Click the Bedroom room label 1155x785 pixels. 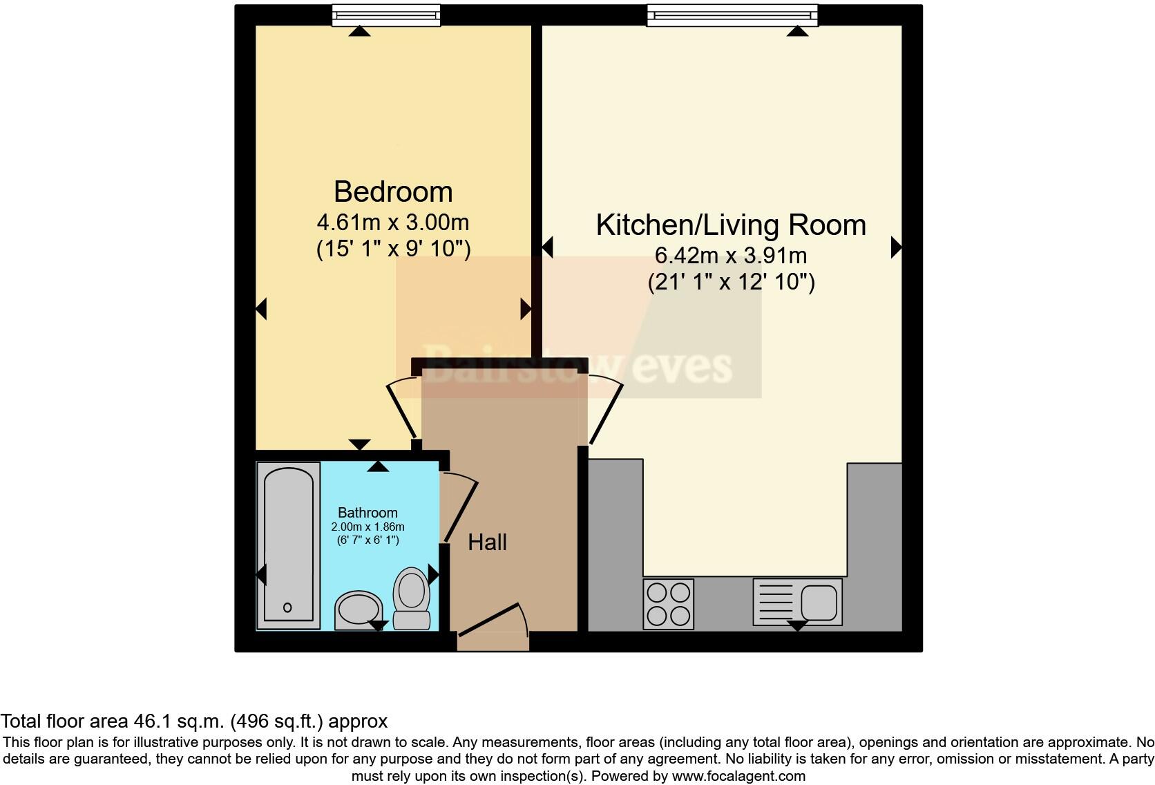pos(393,192)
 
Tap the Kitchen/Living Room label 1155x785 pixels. pos(731,225)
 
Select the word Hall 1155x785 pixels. pos(487,542)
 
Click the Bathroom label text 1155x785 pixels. pos(367,513)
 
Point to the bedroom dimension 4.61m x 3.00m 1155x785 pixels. pos(393,223)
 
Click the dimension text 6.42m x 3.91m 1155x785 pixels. pos(731,255)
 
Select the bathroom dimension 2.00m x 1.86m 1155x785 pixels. pos(367,527)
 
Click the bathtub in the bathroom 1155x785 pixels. pos(288,545)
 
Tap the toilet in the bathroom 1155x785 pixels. pos(412,598)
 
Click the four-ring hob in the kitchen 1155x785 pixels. pos(668,604)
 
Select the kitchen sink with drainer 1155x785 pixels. pos(797,602)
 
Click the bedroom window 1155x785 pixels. pos(386,15)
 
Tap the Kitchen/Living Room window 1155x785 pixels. pos(732,15)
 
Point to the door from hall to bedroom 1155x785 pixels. pos(401,408)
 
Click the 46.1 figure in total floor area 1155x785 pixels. pos(154,721)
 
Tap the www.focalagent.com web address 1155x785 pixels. pos(737,776)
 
